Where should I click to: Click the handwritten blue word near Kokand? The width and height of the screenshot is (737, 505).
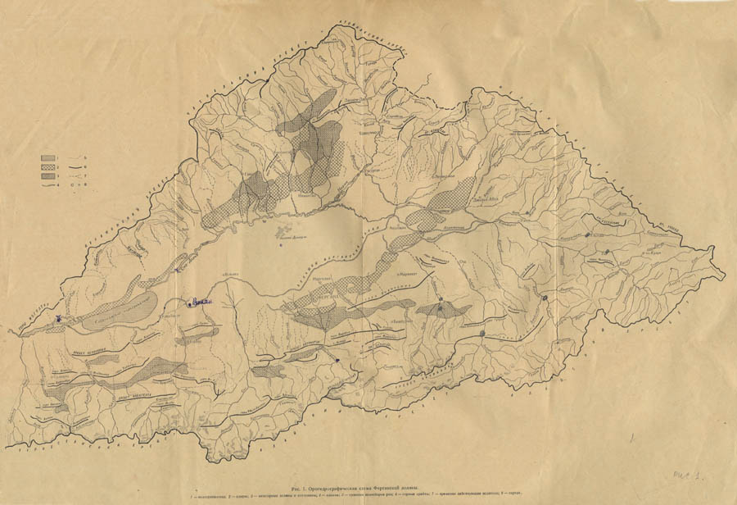201,303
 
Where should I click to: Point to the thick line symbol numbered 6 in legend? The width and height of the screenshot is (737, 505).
82,166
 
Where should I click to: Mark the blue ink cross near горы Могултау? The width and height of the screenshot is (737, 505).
58,319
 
